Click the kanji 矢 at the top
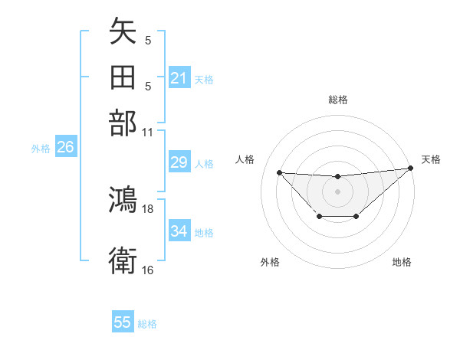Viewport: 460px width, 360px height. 123,33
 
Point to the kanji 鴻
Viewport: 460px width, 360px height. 123,199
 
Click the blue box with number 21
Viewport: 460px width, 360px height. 179,77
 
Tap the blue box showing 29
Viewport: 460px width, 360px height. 179,162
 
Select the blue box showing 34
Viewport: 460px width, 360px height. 179,231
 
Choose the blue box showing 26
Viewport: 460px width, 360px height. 65,148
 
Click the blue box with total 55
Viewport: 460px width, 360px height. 123,322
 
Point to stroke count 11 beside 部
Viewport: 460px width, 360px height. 148,132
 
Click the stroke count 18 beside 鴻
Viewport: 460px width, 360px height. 148,208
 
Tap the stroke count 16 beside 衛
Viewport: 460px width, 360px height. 148,270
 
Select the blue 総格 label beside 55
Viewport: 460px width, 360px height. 147,324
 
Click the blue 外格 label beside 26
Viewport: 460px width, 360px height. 41,149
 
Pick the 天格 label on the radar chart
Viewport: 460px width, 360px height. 431,159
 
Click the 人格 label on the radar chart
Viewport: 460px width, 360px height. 245,159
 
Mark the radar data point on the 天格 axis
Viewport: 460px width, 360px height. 411,169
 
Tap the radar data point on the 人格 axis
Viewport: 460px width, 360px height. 280,172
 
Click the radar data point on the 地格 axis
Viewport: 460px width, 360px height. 356,218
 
